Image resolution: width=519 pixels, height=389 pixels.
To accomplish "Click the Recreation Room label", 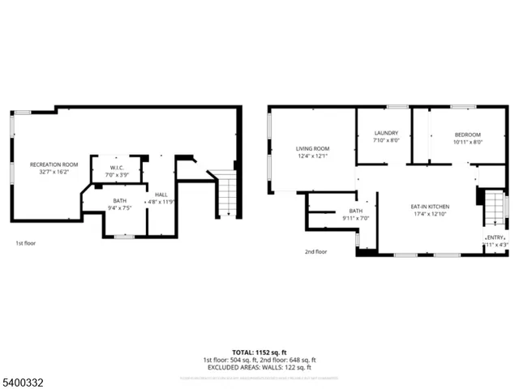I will (x=54, y=165).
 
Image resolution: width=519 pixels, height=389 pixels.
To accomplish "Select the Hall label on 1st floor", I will (x=161, y=194).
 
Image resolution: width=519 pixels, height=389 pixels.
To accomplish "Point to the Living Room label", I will (x=312, y=148).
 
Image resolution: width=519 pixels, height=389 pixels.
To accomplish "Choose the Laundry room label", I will (x=386, y=133).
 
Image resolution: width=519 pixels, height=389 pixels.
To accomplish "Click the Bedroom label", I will (x=467, y=135).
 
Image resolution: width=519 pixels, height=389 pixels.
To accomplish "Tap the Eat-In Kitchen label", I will (x=431, y=207).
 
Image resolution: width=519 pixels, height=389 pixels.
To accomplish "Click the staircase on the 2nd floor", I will (x=493, y=209).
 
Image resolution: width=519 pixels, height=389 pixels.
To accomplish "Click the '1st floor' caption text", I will (x=26, y=242).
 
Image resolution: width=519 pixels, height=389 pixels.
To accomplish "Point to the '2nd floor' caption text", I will (x=315, y=251).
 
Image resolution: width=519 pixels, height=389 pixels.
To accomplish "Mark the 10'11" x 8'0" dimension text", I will (x=467, y=142).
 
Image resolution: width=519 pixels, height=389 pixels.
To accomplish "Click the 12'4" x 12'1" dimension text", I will (x=312, y=156).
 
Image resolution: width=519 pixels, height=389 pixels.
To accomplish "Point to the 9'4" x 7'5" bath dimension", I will (x=119, y=208).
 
